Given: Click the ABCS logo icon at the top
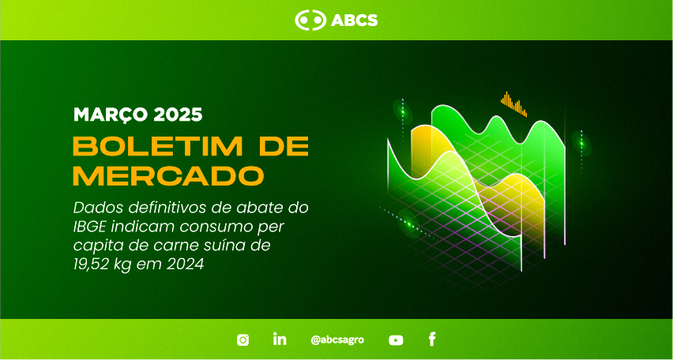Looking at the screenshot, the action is (x=310, y=21).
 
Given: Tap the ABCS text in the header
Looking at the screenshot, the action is (x=354, y=21).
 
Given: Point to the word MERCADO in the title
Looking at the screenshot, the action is (x=167, y=176).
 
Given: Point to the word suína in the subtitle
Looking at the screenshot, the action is (x=223, y=246).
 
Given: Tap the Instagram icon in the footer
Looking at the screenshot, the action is (x=243, y=339).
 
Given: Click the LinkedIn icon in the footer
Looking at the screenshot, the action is (x=280, y=339).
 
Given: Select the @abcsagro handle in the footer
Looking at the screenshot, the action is (x=337, y=339).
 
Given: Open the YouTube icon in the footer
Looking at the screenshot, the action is (x=396, y=340).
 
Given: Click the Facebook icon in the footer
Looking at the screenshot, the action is (x=432, y=339).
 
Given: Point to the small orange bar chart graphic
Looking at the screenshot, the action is (x=513, y=104).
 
